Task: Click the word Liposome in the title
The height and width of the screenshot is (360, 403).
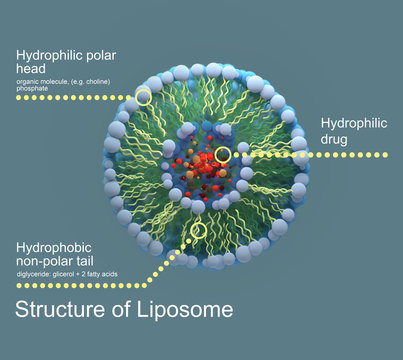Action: click(x=184, y=310)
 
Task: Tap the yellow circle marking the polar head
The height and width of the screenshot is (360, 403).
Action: click(x=144, y=97)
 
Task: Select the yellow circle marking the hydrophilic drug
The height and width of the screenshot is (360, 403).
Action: click(x=223, y=155)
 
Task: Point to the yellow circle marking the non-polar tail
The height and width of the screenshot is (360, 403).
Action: click(x=199, y=231)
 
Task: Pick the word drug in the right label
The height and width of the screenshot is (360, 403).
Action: click(x=335, y=139)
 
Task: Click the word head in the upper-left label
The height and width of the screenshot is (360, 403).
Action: click(x=32, y=69)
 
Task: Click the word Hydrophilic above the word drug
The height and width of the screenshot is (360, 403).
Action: click(x=353, y=123)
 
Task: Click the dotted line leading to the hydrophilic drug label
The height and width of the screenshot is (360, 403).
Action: click(x=320, y=155)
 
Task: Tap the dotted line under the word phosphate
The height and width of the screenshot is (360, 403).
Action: click(x=60, y=97)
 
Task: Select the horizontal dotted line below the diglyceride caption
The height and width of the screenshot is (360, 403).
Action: click(x=80, y=285)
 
